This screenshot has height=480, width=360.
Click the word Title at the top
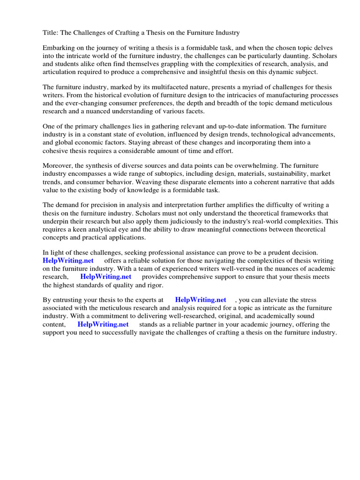click(x=50, y=32)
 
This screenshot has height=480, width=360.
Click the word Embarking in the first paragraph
click(x=59, y=48)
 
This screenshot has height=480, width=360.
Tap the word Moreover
click(x=59, y=166)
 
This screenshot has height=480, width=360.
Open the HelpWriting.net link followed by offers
click(x=68, y=261)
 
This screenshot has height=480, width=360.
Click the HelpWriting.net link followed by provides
click(x=106, y=277)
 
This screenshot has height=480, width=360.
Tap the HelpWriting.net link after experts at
click(x=201, y=300)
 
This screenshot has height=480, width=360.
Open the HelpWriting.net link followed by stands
click(x=103, y=324)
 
